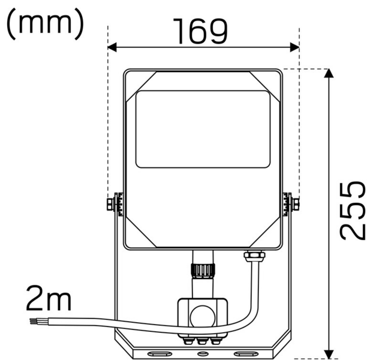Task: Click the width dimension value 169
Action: point(200,31)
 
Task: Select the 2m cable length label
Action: point(48,298)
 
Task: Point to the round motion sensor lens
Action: point(202,314)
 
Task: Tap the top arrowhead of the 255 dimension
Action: point(329,74)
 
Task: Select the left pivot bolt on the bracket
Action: point(110,204)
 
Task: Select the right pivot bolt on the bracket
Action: point(294,204)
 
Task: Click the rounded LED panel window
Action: point(203,129)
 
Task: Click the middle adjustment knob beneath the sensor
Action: point(202,341)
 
